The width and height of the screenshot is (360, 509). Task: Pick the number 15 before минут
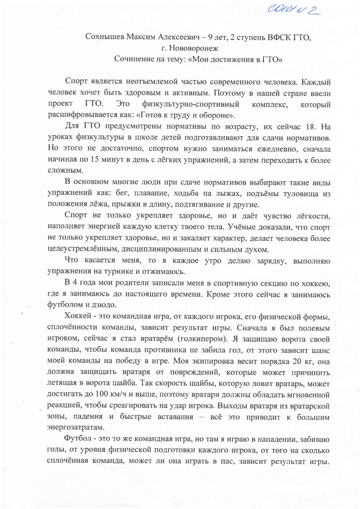[x=95, y=160]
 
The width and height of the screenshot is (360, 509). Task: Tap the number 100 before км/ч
[x=102, y=394]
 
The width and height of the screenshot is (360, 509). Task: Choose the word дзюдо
[x=105, y=305]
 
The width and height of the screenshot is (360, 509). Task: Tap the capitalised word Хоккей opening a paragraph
[x=76, y=316]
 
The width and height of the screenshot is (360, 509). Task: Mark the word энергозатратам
[x=76, y=427]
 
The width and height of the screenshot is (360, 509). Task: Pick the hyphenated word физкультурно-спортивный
[x=190, y=104]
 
